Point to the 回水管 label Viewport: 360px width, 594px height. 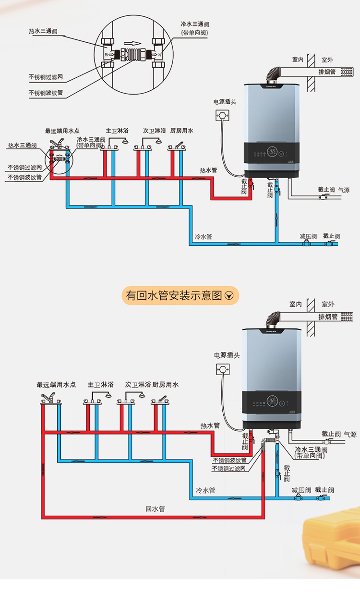[155, 509]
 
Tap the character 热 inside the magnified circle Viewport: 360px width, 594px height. [106, 54]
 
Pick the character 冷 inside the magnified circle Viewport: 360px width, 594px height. [160, 54]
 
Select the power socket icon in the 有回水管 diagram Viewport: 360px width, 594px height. [223, 369]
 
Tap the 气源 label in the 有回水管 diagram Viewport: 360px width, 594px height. [350, 434]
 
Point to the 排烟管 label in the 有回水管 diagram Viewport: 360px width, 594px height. [328, 316]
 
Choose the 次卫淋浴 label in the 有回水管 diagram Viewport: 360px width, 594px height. [138, 385]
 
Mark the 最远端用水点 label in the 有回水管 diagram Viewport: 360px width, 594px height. [56, 385]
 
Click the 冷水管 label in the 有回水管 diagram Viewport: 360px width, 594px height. [205, 490]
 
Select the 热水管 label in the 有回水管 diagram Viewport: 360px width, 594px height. [210, 425]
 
